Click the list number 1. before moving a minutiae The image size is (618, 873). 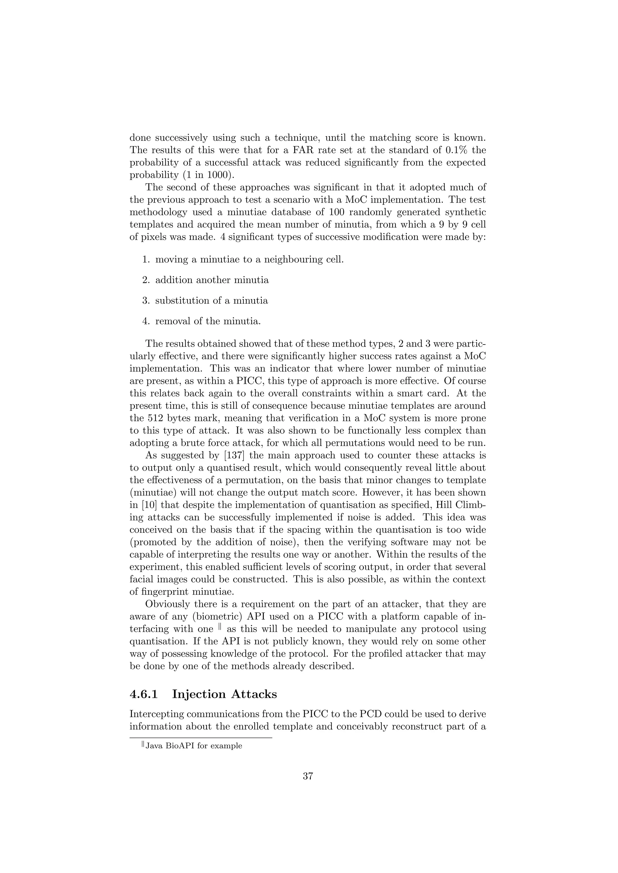(146, 260)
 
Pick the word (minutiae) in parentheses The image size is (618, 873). (152, 492)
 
